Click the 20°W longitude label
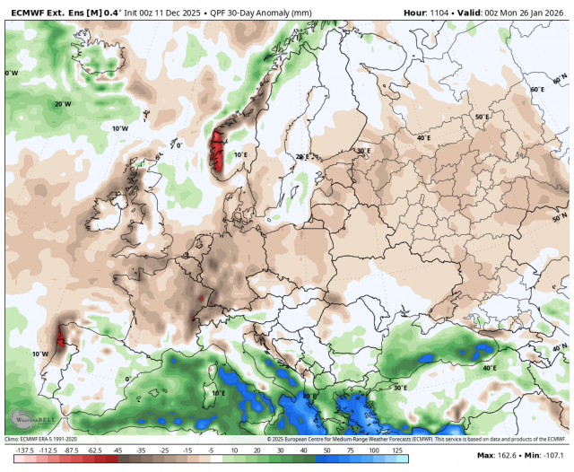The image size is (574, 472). (x=62, y=104)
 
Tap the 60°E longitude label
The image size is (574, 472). (x=536, y=90)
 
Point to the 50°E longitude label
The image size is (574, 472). (x=482, y=118)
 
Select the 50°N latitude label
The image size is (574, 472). (x=560, y=218)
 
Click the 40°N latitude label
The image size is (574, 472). (x=560, y=348)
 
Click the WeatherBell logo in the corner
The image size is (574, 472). (x=28, y=418)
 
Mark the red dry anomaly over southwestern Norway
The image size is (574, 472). (x=215, y=151)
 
